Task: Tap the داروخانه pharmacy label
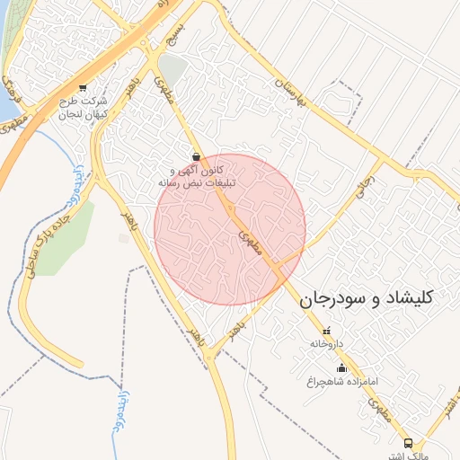point(327,343)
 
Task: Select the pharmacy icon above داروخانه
point(327,331)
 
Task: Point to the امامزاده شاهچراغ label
point(341,381)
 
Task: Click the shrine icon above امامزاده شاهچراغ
point(341,367)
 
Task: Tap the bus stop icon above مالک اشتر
point(409,443)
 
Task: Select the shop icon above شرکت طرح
point(83,87)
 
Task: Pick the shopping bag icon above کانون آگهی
point(196,156)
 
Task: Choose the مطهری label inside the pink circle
point(249,238)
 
